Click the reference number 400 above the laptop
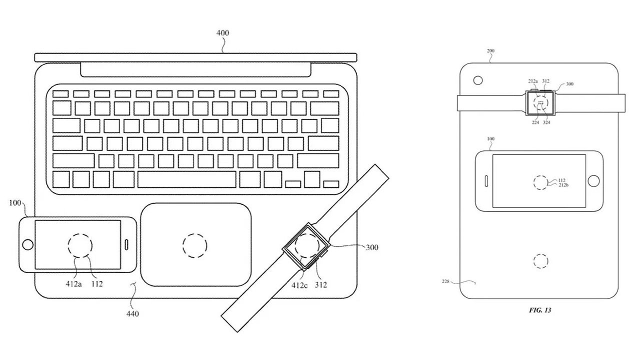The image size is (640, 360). (222, 33)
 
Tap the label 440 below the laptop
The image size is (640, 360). (132, 313)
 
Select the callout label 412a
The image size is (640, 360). (73, 283)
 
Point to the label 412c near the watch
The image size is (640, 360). (299, 285)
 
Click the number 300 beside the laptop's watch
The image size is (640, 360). (372, 247)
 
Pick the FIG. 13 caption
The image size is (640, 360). (540, 310)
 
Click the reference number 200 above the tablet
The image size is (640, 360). (490, 51)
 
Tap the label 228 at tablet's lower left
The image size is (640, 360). (445, 281)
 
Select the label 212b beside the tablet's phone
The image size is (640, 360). (563, 185)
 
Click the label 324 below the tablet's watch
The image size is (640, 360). (546, 122)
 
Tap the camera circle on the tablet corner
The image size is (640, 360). (478, 80)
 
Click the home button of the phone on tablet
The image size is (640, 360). (593, 181)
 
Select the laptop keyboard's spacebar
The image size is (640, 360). (187, 179)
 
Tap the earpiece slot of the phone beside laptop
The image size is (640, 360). (126, 245)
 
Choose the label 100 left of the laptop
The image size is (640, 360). (15, 203)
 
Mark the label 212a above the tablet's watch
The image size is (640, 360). (533, 81)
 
